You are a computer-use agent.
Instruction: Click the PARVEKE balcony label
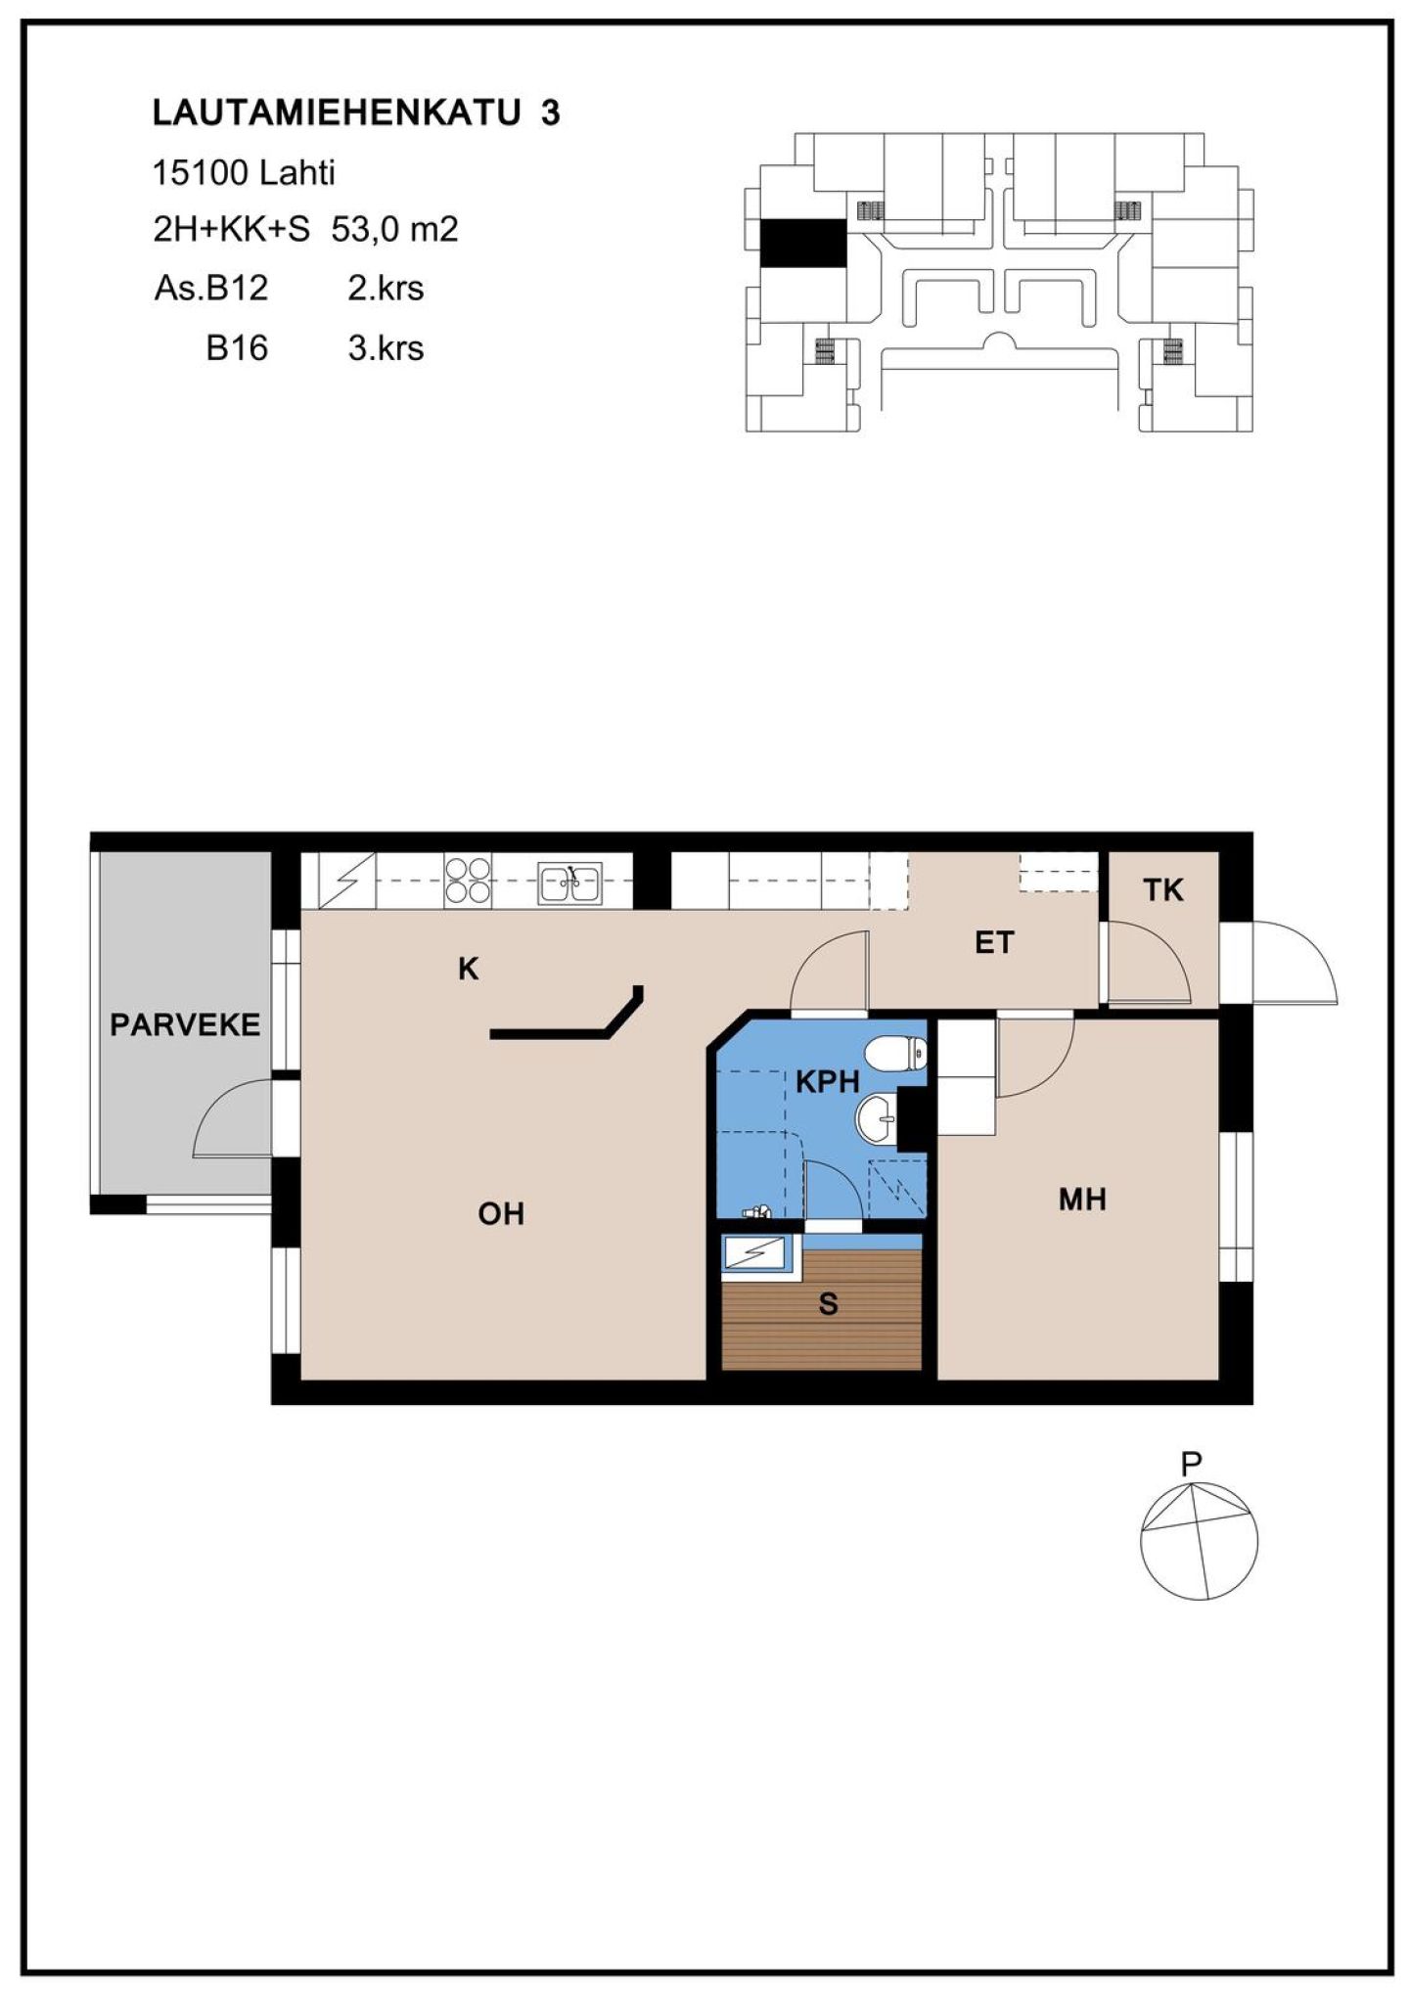[x=185, y=1025]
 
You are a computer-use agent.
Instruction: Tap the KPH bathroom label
[x=827, y=1082]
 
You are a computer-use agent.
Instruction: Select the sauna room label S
[x=829, y=1304]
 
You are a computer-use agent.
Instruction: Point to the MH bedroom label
[x=1082, y=1200]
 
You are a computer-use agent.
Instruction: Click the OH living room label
[x=501, y=1214]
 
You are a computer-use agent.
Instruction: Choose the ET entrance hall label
[x=994, y=943]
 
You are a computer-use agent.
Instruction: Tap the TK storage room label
[x=1163, y=890]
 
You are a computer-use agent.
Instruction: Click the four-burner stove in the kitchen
[x=468, y=880]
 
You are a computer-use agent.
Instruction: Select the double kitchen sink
[x=570, y=883]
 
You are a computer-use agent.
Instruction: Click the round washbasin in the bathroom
[x=877, y=1116]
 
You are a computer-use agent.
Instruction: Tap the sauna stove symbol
[x=757, y=1253]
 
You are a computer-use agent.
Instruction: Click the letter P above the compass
[x=1191, y=1465]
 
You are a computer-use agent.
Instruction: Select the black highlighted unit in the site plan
[x=803, y=242]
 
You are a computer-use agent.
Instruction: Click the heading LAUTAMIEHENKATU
[x=337, y=113]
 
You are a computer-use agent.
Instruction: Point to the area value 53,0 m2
[x=395, y=230]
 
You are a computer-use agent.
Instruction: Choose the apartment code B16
[x=237, y=348]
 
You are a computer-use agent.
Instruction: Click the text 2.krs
[x=386, y=289]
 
